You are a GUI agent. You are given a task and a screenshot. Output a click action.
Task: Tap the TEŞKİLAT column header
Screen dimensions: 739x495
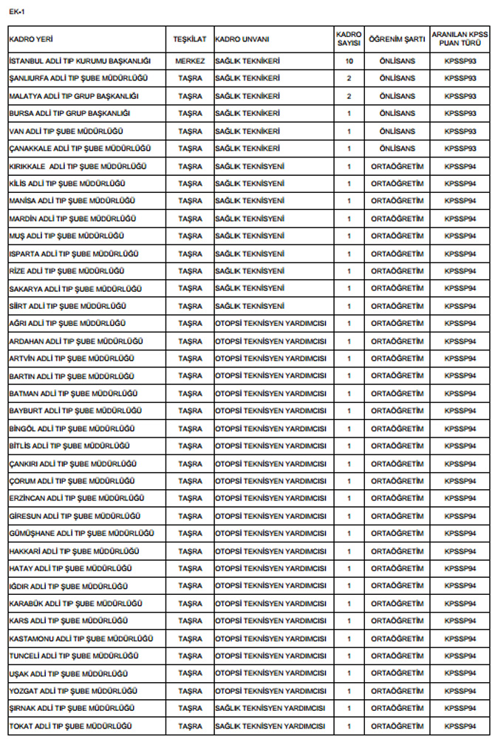click(x=190, y=38)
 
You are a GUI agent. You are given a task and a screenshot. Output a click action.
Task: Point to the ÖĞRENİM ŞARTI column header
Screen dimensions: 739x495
click(x=397, y=38)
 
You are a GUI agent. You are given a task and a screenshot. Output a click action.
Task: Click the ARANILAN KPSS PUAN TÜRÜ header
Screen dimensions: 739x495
click(x=460, y=38)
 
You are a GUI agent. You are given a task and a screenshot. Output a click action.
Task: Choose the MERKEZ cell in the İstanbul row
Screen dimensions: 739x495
click(x=190, y=61)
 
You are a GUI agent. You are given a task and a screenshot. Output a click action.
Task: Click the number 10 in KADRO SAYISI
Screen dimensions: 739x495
click(x=349, y=61)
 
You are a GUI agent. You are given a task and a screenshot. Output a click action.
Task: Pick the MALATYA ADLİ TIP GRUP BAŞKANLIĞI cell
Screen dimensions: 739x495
click(x=74, y=96)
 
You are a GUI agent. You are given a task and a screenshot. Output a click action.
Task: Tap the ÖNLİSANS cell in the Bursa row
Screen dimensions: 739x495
click(x=397, y=114)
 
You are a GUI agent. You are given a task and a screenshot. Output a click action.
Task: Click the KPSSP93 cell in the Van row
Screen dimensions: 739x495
click(x=460, y=131)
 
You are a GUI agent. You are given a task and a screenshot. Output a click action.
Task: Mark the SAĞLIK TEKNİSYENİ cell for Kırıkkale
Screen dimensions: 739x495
click(x=250, y=166)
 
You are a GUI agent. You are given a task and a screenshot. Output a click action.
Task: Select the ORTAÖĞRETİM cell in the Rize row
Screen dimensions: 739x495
click(x=397, y=271)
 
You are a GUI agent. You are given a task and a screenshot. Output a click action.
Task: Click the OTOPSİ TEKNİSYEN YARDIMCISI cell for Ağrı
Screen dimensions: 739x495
click(x=270, y=324)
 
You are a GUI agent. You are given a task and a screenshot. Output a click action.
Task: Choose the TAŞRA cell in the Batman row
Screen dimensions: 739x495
click(x=190, y=394)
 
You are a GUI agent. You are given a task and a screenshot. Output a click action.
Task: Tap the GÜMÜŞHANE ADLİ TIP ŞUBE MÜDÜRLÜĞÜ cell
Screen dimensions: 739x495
click(x=81, y=534)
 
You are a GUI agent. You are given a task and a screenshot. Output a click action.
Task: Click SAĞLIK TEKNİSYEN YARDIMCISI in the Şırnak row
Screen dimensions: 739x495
click(x=270, y=709)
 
